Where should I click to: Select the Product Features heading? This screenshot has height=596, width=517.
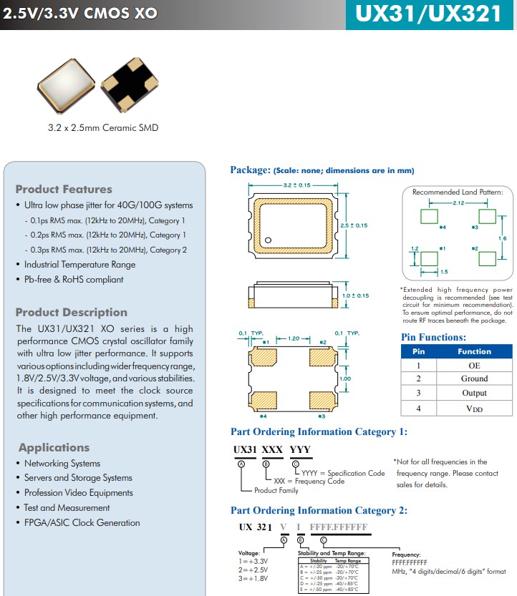[64, 190]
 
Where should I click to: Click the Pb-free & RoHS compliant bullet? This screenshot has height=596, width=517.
[74, 280]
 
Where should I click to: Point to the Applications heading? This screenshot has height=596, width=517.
[54, 448]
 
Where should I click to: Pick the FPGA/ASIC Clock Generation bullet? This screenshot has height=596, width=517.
[82, 523]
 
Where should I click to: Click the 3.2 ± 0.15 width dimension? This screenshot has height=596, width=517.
[296, 185]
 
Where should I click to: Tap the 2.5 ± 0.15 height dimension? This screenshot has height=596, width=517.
[354, 225]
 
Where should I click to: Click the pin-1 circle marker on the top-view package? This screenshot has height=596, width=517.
[268, 240]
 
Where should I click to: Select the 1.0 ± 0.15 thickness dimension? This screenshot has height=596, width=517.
[355, 295]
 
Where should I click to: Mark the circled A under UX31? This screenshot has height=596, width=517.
[241, 464]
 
